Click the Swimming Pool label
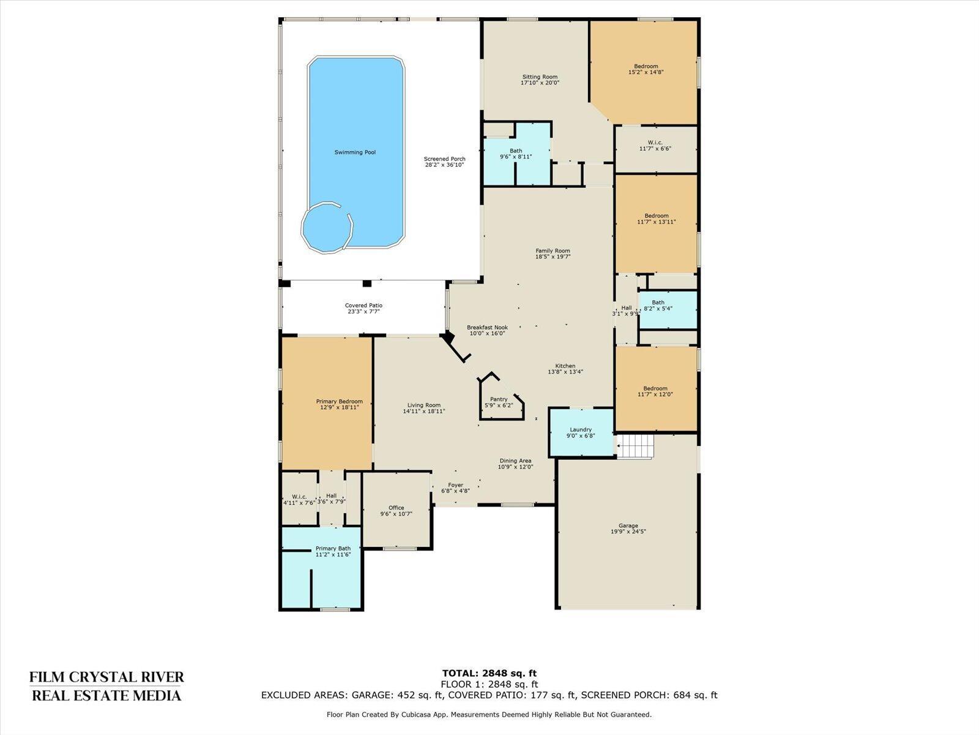(x=355, y=152)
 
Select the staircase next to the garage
(x=635, y=446)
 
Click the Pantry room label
(x=499, y=402)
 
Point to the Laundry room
(x=581, y=432)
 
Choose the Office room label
(x=396, y=511)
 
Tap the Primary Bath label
(x=333, y=551)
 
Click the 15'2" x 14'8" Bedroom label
(x=646, y=69)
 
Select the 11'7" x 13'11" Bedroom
(x=656, y=219)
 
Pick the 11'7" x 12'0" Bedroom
(x=655, y=391)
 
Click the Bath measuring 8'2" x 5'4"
(x=658, y=306)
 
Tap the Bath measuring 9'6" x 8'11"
(x=516, y=154)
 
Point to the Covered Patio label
(x=363, y=308)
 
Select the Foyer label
(x=455, y=488)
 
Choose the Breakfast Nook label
(x=487, y=330)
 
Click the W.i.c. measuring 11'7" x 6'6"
(x=655, y=145)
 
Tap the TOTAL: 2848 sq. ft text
(x=489, y=673)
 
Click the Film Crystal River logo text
(x=106, y=686)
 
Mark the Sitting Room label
(x=540, y=80)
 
